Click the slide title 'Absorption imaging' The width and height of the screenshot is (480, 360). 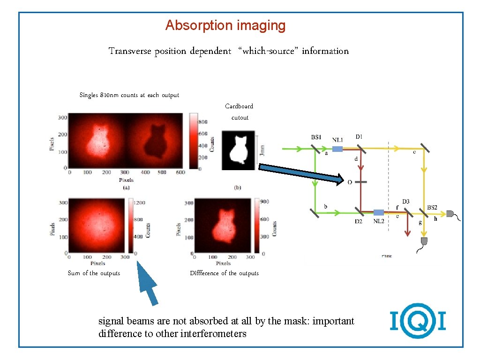coord(225,25)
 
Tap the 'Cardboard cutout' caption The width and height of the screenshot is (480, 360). coord(239,112)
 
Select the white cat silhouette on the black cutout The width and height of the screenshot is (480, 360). coord(239,150)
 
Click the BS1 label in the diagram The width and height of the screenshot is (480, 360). coord(316,137)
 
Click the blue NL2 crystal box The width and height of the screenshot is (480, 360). coord(379,213)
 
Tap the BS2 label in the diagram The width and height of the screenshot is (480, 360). coord(432,208)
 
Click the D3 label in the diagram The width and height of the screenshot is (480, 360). coord(405,202)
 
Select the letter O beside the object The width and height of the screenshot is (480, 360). coord(349,183)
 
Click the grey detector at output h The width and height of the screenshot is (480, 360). coord(451,214)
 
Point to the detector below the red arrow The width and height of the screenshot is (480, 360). coord(424,241)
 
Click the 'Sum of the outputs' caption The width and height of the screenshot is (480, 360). coord(94,273)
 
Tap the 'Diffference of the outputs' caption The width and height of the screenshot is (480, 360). coord(224,273)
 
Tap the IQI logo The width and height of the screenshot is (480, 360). coord(417,321)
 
